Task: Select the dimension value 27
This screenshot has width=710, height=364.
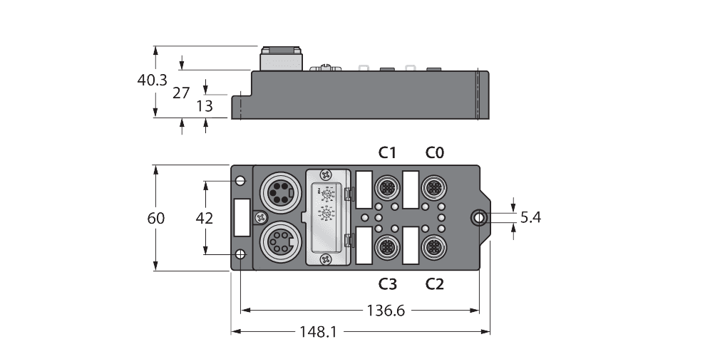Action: (x=182, y=93)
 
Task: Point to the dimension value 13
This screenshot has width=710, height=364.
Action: (x=205, y=106)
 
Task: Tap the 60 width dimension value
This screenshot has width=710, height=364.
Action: (x=155, y=219)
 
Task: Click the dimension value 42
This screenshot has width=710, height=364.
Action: (x=205, y=219)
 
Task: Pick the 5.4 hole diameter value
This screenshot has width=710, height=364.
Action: (x=530, y=218)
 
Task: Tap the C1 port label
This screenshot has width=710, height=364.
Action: (x=387, y=152)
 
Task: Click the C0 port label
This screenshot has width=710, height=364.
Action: (x=435, y=152)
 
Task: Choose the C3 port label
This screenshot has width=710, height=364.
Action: (x=387, y=284)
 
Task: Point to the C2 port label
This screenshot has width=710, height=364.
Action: (x=435, y=284)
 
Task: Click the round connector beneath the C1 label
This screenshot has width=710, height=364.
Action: (x=387, y=188)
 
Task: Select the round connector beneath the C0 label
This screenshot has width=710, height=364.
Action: (x=433, y=188)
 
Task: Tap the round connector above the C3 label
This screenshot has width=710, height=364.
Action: (x=387, y=247)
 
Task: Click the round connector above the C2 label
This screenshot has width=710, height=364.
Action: (x=433, y=247)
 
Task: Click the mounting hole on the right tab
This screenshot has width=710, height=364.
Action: (x=481, y=218)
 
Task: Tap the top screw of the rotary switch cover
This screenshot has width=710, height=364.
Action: (x=326, y=174)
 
